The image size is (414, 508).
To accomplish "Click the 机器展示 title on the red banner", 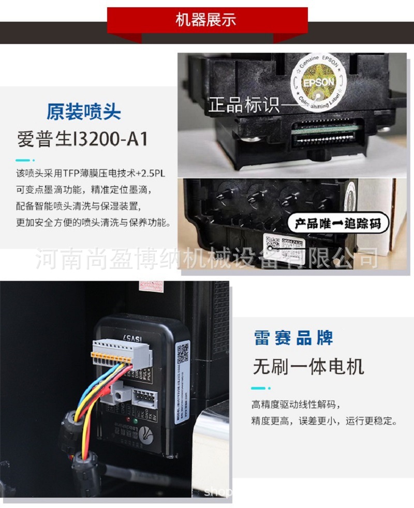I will point(206,20).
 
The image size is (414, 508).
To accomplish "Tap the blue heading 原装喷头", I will point(83,112).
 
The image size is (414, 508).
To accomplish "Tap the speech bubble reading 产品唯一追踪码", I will point(337,224).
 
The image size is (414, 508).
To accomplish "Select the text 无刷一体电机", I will point(308,367).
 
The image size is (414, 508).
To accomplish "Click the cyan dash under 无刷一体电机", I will point(258,387).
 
